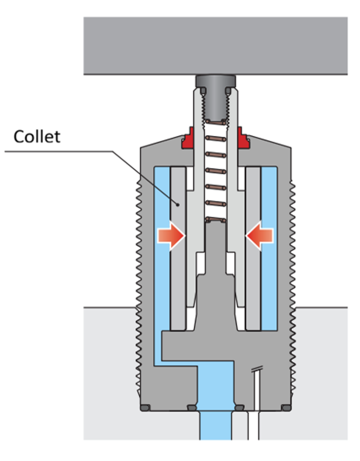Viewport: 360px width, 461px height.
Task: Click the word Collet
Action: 37,136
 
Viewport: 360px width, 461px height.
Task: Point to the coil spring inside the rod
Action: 215,173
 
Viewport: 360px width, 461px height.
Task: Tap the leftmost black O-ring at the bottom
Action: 145,407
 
